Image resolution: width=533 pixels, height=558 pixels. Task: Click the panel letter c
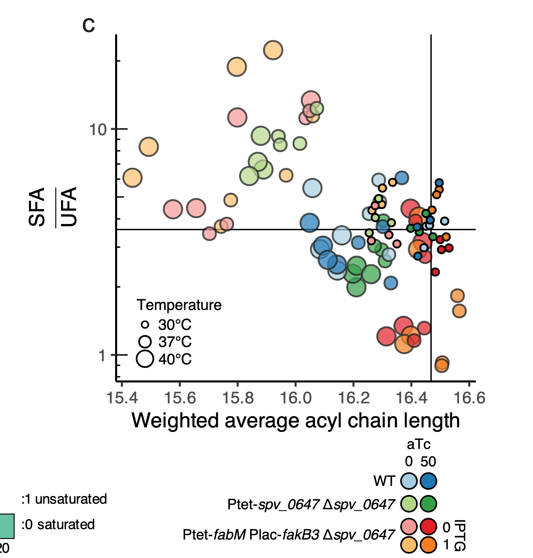pos(89,25)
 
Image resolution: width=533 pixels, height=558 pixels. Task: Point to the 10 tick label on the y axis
pos(97,130)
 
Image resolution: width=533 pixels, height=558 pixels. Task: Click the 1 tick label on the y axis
pos(102,356)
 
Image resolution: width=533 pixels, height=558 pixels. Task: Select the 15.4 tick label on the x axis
pos(122,397)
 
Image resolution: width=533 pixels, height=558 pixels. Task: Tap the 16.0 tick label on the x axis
pos(296,397)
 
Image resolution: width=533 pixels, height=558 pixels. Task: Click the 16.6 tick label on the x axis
pos(470,397)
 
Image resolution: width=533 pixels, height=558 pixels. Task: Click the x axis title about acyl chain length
pos(295,420)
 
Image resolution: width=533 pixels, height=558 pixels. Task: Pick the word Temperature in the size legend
pos(179,305)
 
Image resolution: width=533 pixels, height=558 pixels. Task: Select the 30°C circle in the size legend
pos(145,325)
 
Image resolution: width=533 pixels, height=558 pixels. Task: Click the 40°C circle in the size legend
pos(145,359)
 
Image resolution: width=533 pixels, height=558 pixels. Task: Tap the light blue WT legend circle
pos(409,481)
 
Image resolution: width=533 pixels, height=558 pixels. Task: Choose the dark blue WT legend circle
pos(428,481)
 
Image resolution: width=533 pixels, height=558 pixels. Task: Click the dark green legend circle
pos(428,504)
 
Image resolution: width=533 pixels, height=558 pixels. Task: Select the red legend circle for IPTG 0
pos(428,526)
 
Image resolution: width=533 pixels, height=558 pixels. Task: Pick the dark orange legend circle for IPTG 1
pos(428,545)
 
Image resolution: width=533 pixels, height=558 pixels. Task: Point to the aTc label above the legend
pos(419,444)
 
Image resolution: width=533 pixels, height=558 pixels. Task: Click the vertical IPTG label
pos(460,535)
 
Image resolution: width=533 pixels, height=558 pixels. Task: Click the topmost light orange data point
pos(273,50)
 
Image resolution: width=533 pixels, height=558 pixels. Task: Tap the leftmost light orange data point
pos(132,178)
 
